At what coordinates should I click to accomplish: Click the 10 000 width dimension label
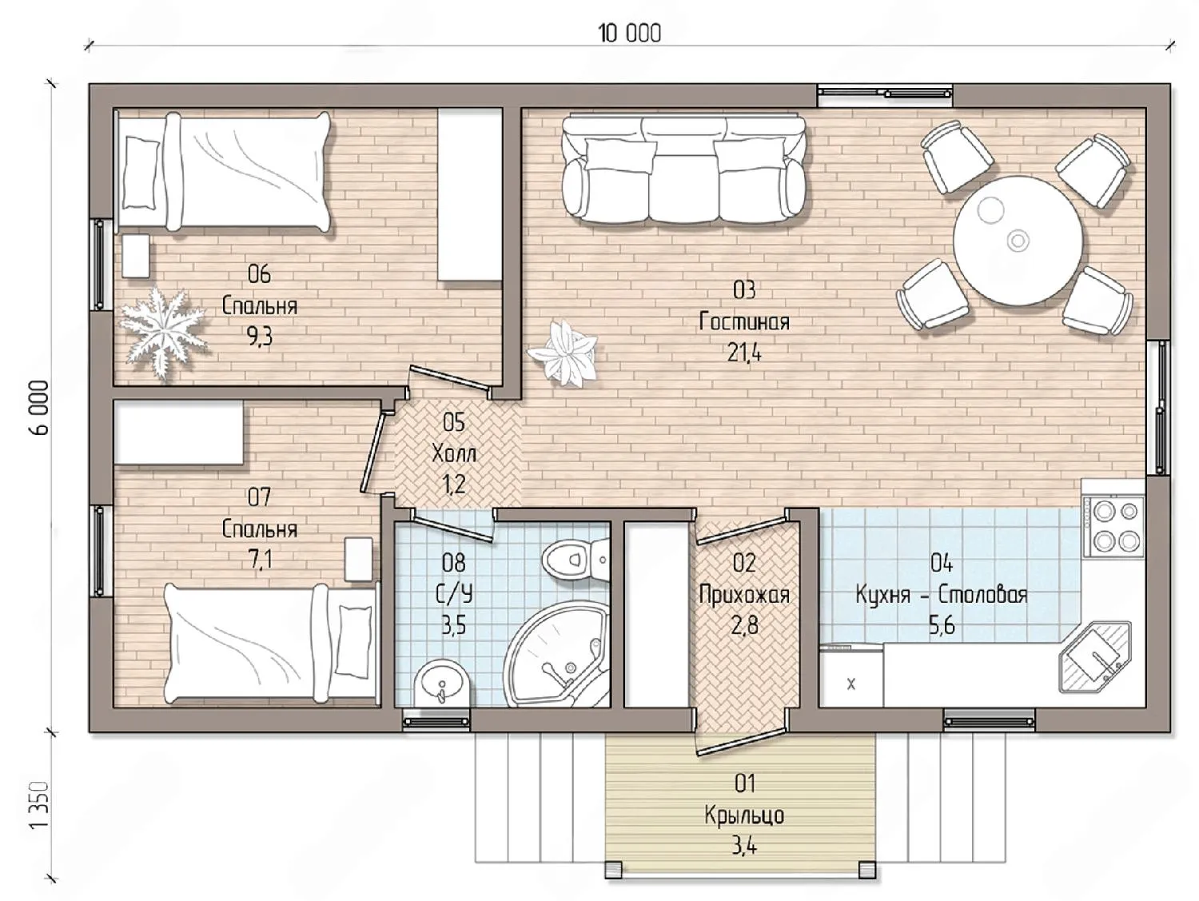pyautogui.click(x=630, y=34)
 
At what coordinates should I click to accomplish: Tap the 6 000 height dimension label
pyautogui.click(x=39, y=408)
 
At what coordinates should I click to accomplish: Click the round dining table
pyautogui.click(x=1018, y=241)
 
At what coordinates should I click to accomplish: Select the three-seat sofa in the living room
pyautogui.click(x=684, y=169)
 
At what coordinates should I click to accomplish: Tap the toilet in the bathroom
pyautogui.click(x=576, y=558)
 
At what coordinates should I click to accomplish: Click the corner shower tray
pyautogui.click(x=556, y=655)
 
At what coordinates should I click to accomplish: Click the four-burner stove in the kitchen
pyautogui.click(x=1113, y=525)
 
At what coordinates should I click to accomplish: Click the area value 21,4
pyautogui.click(x=744, y=353)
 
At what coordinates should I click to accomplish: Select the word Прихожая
pyautogui.click(x=744, y=595)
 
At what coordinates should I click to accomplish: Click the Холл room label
pyautogui.click(x=454, y=453)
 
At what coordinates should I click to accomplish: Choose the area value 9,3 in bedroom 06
pyautogui.click(x=260, y=337)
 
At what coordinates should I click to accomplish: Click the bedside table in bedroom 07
pyautogui.click(x=358, y=559)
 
